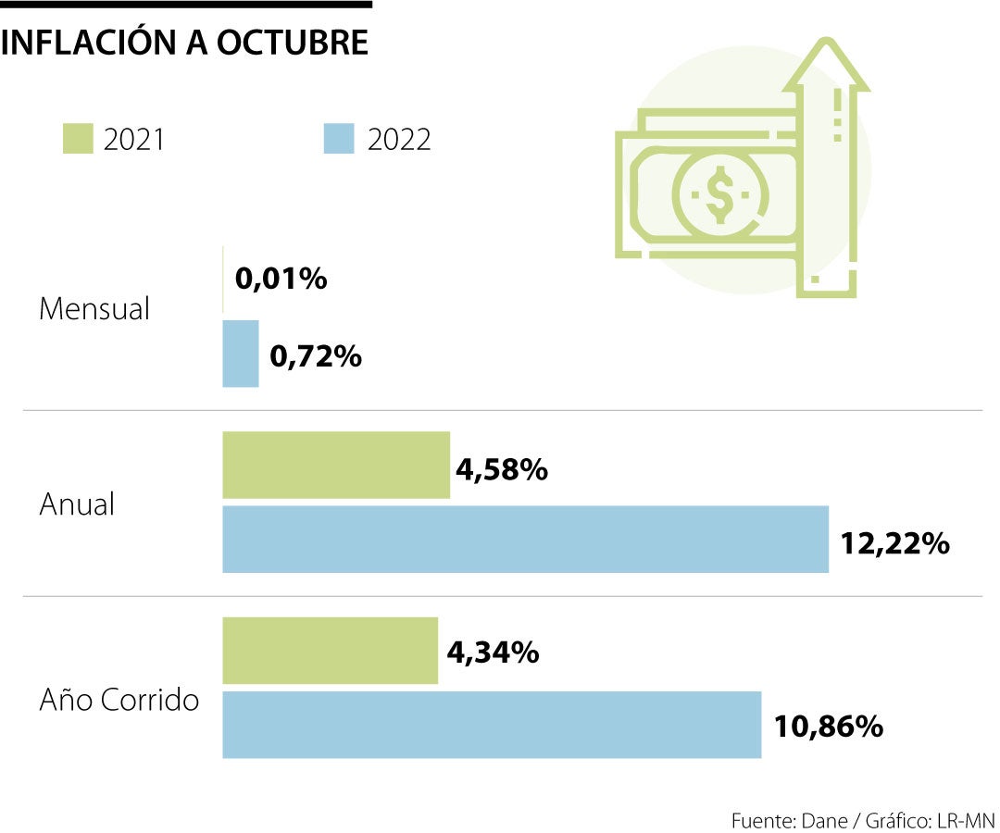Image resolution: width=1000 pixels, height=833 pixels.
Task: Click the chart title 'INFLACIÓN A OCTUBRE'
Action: [x=185, y=44]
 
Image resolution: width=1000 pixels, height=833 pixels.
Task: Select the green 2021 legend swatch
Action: [x=77, y=139]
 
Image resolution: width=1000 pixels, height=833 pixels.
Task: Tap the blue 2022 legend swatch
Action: [x=340, y=139]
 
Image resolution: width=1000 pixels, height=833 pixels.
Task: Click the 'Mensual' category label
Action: [x=94, y=309]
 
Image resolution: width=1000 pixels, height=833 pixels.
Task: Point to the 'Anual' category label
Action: [x=77, y=504]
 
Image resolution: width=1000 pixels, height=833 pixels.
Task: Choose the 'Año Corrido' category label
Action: [x=119, y=700]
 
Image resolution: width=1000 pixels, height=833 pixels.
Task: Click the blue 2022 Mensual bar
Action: [x=241, y=354]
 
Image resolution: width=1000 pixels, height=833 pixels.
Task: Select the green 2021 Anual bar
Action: [x=336, y=465]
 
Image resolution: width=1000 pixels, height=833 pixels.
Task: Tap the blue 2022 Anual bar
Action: [x=525, y=539]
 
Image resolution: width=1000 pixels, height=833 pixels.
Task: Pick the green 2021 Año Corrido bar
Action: [x=330, y=651]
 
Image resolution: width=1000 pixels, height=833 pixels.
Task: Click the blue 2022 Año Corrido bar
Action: [x=492, y=725]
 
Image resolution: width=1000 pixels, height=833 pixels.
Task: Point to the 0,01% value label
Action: [x=281, y=279]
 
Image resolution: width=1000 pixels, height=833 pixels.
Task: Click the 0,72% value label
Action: [x=315, y=355]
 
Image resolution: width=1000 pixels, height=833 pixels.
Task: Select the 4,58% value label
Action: [x=502, y=470]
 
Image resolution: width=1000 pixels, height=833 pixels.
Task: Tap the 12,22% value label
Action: [x=894, y=543]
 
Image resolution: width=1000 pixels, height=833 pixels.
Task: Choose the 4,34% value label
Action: [x=493, y=653]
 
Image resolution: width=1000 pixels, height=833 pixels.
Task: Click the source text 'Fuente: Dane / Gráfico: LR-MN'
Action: [x=862, y=820]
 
